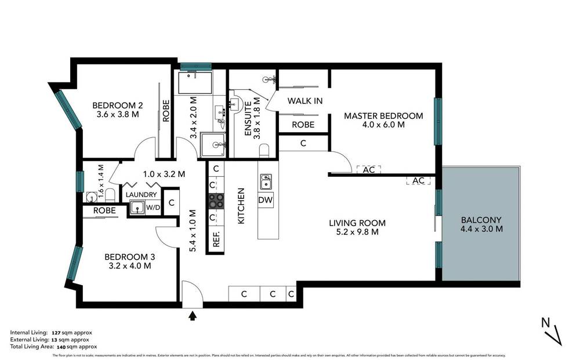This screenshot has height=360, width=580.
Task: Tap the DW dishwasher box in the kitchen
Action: tap(266, 200)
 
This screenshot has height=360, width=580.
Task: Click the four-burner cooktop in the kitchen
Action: tap(216, 201)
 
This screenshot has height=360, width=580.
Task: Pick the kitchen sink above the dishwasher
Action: tap(266, 182)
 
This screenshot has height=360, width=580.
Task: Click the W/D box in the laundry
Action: tap(153, 207)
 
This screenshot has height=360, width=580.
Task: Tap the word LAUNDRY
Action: tap(141, 194)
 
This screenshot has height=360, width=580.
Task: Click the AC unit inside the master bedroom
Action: tap(368, 170)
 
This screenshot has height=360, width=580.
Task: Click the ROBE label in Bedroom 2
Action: tap(166, 110)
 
